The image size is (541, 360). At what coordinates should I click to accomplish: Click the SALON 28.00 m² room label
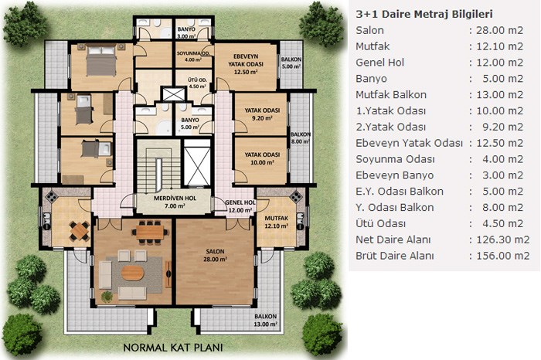pyautogui.click(x=216, y=255)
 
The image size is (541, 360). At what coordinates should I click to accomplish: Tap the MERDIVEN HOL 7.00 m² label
pyautogui.click(x=175, y=202)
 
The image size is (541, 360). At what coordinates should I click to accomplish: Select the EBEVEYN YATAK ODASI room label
pyautogui.click(x=246, y=64)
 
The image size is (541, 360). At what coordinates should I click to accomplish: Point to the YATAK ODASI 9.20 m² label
pyautogui.click(x=262, y=114)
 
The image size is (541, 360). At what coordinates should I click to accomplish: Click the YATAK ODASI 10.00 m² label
pyautogui.click(x=262, y=158)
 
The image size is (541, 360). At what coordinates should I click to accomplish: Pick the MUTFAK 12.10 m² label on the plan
pyautogui.click(x=277, y=222)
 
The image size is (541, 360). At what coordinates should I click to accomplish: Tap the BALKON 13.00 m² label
pyautogui.click(x=266, y=320)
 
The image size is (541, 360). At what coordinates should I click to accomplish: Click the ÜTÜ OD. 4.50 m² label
pyautogui.click(x=197, y=83)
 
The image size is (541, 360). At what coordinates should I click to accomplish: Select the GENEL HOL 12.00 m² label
pyautogui.click(x=240, y=206)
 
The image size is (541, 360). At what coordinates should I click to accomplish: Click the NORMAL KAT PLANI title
pyautogui.click(x=173, y=347)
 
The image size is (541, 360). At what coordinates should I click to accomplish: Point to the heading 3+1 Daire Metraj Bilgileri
pyautogui.click(x=424, y=14)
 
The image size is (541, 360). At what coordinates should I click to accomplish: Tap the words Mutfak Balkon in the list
pyautogui.click(x=391, y=94)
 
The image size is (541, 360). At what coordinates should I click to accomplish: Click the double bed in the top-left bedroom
pyautogui.click(x=101, y=61)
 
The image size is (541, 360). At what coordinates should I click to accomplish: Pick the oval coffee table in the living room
pyautogui.click(x=132, y=273)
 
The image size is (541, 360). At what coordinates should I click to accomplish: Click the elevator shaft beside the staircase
pyautogui.click(x=197, y=162)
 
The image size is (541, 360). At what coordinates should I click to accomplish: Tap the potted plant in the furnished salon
pyautogui.click(x=107, y=297)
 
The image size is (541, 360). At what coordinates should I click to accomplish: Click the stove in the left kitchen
pyautogui.click(x=51, y=196)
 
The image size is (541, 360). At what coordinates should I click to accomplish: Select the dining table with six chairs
pyautogui.click(x=150, y=232)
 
